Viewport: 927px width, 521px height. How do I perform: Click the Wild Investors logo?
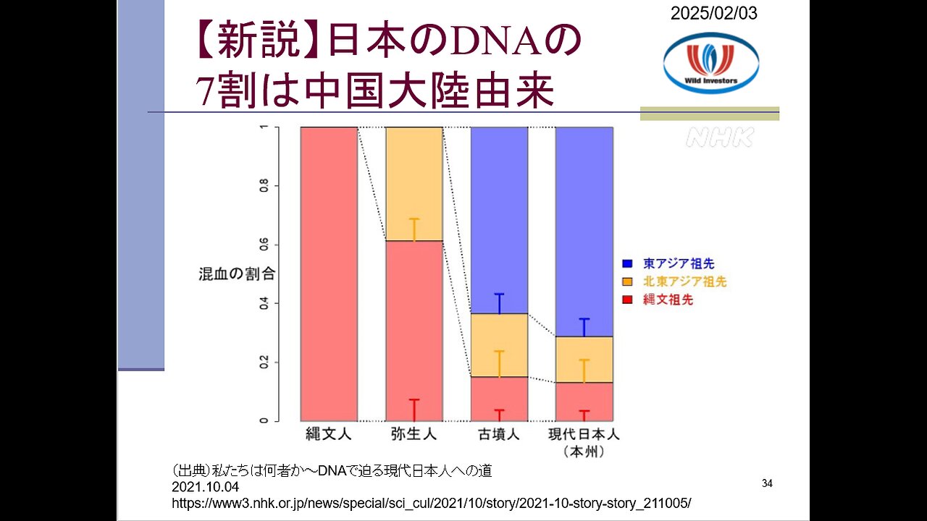point(710,63)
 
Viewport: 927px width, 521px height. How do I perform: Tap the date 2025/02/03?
point(713,13)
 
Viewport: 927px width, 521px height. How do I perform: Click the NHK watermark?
point(719,137)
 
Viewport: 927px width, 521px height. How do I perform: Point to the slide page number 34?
point(768,483)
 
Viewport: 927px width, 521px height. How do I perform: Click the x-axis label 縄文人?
point(329,436)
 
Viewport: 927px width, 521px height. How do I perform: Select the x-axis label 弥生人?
point(414,436)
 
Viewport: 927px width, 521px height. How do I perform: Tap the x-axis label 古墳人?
point(499,436)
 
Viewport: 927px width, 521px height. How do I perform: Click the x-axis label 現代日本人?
point(584,436)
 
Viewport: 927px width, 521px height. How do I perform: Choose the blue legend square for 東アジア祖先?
point(627,264)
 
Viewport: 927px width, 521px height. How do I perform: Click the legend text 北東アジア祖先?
point(684,281)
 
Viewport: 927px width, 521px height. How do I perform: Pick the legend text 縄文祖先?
point(668,300)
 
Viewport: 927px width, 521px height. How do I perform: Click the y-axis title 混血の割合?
point(238,274)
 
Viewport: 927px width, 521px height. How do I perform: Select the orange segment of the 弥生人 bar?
point(414,185)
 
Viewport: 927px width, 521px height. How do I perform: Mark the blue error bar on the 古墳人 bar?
point(499,303)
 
